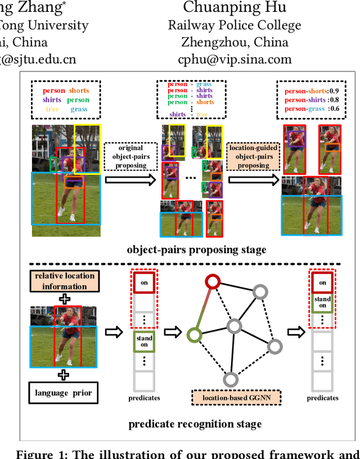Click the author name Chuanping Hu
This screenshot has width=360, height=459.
point(234,7)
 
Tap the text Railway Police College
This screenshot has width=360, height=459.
point(234,25)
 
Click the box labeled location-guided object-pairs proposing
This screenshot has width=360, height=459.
point(253,157)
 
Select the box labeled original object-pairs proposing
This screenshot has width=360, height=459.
point(128,157)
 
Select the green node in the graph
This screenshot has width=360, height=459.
point(194,336)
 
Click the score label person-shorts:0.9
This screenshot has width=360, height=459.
point(311,91)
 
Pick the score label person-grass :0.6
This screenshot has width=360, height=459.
point(311,109)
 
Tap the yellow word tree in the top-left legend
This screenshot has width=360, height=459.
point(52,109)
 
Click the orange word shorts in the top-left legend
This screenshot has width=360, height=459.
point(79,91)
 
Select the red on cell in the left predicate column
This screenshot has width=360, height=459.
point(145,283)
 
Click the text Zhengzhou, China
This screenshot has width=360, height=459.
point(234,43)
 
